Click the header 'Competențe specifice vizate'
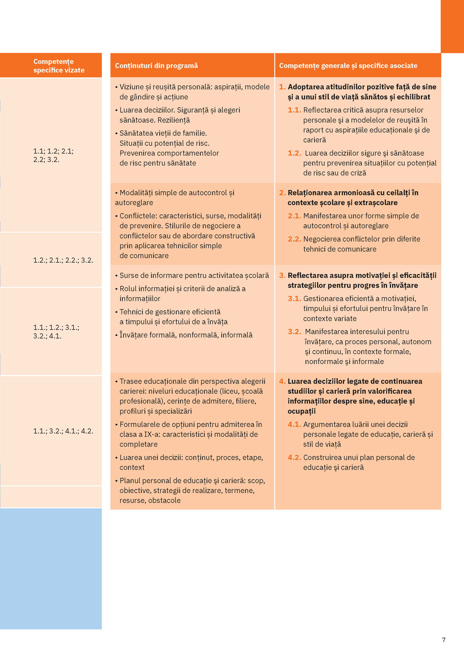click(59, 66)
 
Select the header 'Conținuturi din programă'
click(156, 66)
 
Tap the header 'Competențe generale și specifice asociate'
click(348, 66)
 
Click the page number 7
click(444, 640)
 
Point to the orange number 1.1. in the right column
click(295, 110)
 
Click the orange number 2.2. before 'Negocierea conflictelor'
click(295, 239)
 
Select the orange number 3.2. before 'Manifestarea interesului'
click(295, 332)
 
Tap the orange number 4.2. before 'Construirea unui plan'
click(295, 457)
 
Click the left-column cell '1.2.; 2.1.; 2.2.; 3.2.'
click(63, 260)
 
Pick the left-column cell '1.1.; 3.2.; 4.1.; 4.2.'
click(63, 431)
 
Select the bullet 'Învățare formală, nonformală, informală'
click(186, 335)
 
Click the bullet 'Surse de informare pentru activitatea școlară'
click(194, 275)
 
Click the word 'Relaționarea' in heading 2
click(308, 193)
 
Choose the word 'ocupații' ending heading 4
click(301, 411)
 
